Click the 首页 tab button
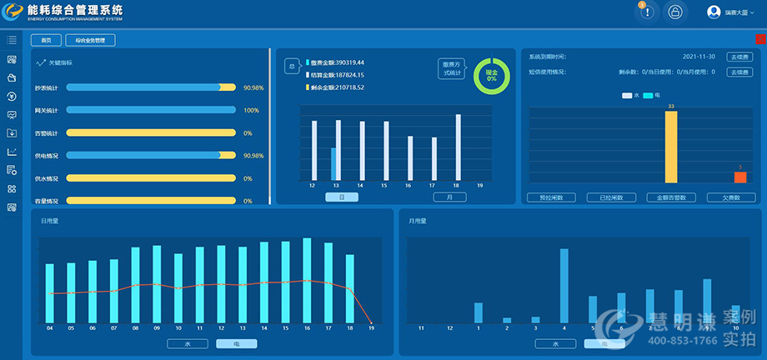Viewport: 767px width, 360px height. pyautogui.click(x=46, y=40)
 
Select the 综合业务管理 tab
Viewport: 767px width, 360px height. pyautogui.click(x=90, y=40)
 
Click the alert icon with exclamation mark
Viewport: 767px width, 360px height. pyautogui.click(x=647, y=12)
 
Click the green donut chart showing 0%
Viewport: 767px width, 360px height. pyautogui.click(x=491, y=76)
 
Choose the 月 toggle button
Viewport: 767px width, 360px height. pyautogui.click(x=449, y=197)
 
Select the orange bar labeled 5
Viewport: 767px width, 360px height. pyautogui.click(x=739, y=177)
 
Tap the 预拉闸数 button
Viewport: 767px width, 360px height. pyautogui.click(x=552, y=197)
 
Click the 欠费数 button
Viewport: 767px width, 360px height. pyautogui.click(x=731, y=197)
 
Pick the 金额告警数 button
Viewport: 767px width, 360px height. pyautogui.click(x=671, y=197)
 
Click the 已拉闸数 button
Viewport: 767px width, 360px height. pyautogui.click(x=611, y=197)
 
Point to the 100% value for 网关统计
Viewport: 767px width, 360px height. pyautogui.click(x=252, y=110)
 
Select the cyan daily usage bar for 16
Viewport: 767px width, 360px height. pyautogui.click(x=307, y=281)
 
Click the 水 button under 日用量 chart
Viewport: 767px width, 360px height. pyautogui.click(x=187, y=343)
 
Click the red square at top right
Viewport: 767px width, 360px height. pyautogui.click(x=760, y=39)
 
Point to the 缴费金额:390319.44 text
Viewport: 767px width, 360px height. pyautogui.click(x=337, y=62)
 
